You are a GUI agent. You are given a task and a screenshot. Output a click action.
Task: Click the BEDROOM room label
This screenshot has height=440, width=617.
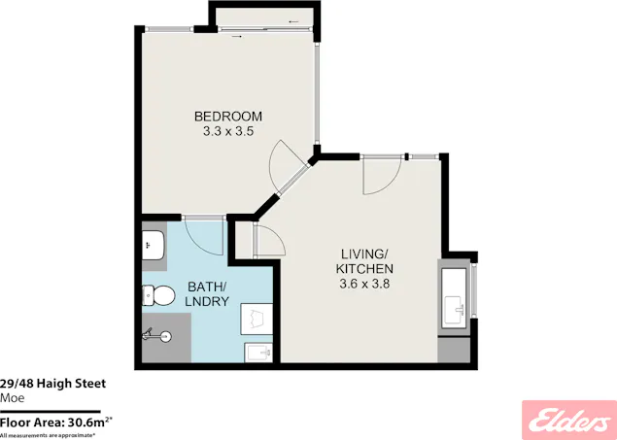coord(226,116)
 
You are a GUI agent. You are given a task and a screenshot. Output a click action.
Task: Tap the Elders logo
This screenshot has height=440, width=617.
coord(566,418)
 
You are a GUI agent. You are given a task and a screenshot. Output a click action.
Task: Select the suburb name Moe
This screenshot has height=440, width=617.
coord(12,397)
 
